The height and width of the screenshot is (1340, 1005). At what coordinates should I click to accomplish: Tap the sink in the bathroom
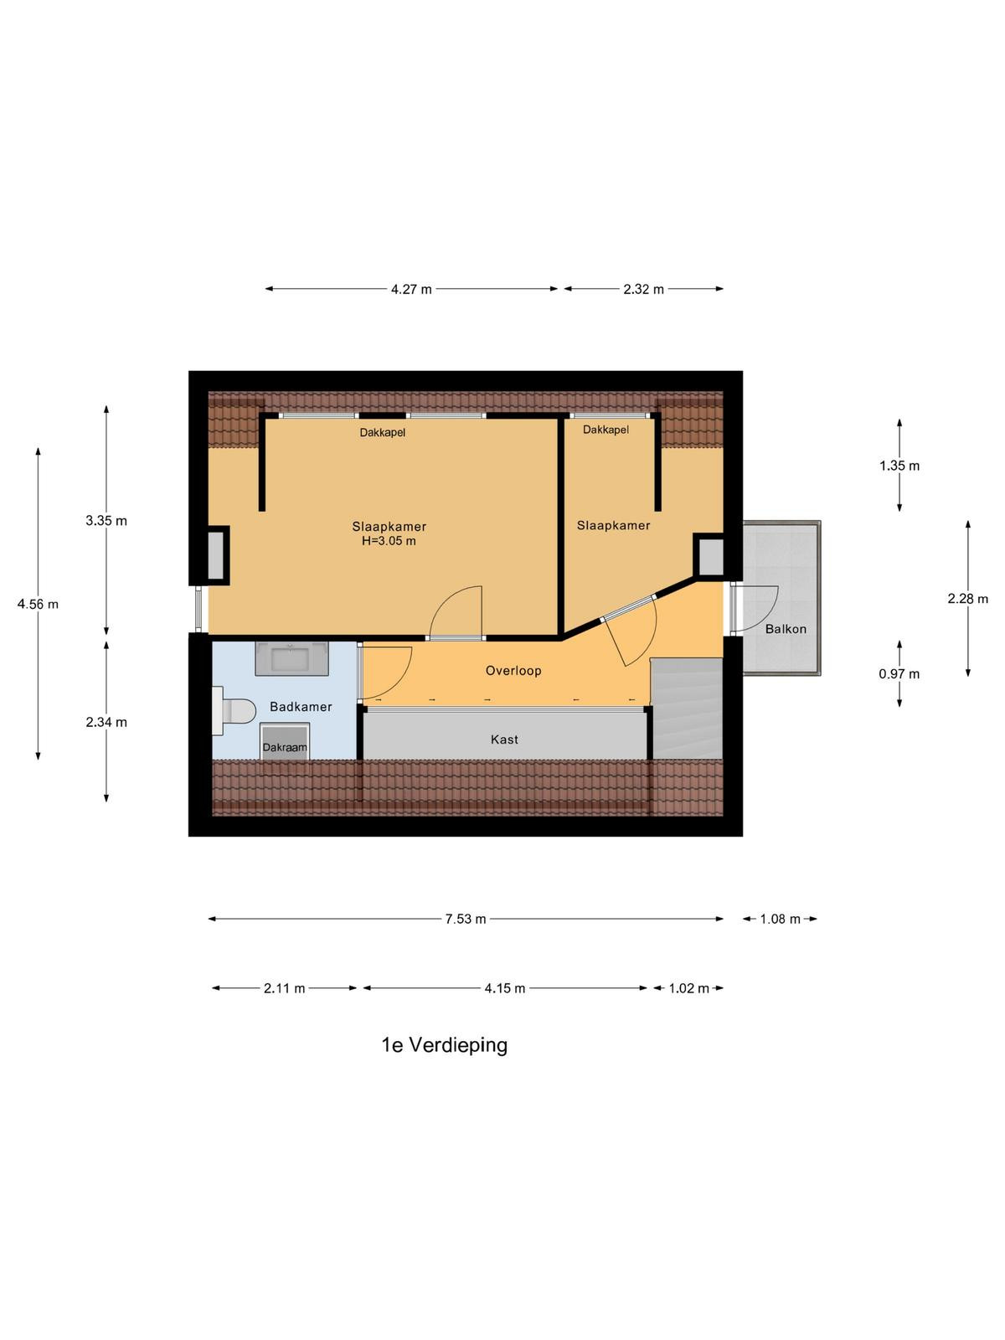(291, 658)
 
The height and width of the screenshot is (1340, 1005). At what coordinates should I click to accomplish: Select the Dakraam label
(285, 747)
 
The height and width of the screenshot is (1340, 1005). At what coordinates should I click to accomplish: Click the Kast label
(504, 740)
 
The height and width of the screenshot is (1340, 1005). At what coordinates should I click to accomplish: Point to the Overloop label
(513, 670)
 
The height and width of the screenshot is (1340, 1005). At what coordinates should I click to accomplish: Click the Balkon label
(786, 629)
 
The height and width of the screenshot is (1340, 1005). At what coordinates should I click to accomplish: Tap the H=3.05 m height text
(389, 541)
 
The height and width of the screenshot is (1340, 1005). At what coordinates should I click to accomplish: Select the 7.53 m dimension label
(466, 919)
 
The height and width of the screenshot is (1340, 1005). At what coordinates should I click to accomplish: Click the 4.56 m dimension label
(38, 604)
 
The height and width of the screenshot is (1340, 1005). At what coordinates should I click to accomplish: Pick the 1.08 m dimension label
(780, 919)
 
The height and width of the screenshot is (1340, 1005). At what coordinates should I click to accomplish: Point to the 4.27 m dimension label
(411, 290)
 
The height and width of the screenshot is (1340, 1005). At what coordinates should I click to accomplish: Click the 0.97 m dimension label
(899, 674)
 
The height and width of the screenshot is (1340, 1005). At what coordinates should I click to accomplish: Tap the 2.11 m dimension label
(285, 988)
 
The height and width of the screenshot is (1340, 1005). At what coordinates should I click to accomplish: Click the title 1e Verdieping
(444, 1045)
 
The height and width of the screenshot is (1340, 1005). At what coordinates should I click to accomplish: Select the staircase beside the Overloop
(687, 709)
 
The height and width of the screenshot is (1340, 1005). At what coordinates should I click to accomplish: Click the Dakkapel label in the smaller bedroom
(606, 430)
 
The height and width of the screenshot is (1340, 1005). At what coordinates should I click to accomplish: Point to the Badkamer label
(301, 707)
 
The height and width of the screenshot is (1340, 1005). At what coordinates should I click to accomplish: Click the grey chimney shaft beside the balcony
(710, 555)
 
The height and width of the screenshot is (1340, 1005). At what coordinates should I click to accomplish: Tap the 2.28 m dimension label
(968, 599)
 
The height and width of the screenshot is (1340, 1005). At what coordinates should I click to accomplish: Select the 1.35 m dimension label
(899, 466)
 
